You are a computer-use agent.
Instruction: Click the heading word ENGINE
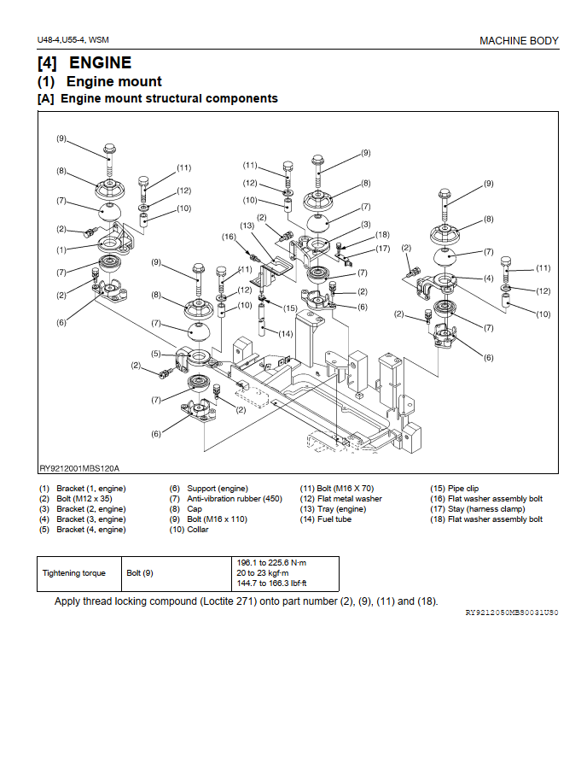(x=100, y=63)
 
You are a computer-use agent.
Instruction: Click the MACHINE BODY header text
(x=519, y=41)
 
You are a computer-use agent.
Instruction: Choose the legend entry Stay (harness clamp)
(x=477, y=509)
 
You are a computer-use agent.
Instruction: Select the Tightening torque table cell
(x=74, y=573)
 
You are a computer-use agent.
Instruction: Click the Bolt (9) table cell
(x=140, y=573)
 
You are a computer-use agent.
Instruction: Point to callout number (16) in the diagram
(x=229, y=237)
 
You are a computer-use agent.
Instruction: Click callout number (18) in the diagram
(x=382, y=234)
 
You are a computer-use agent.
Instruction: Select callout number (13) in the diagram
(x=247, y=226)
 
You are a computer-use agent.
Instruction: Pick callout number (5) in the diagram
(x=156, y=354)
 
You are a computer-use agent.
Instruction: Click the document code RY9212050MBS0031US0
(x=511, y=613)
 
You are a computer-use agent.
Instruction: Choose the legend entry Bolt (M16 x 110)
(x=217, y=519)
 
